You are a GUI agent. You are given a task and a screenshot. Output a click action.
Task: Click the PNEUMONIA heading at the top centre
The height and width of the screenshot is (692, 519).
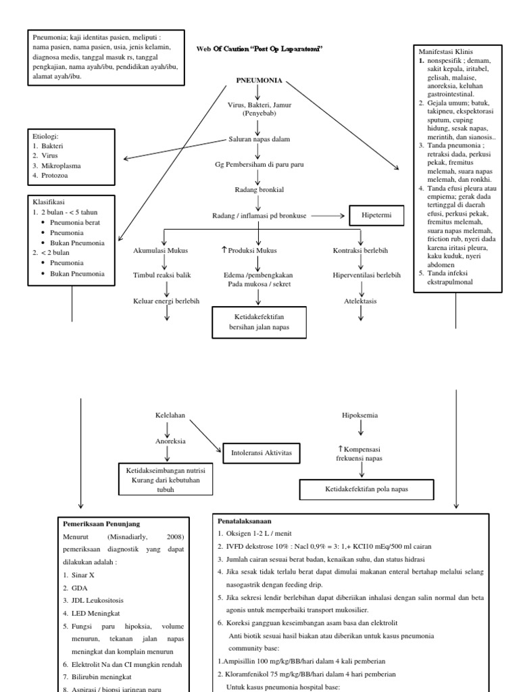(x=259, y=80)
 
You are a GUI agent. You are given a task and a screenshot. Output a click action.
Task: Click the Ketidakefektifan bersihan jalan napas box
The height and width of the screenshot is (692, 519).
(x=259, y=322)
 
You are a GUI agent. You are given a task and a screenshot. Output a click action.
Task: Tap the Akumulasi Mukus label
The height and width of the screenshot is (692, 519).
(x=161, y=251)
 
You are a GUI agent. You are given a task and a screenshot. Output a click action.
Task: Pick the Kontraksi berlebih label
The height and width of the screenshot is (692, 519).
(x=360, y=251)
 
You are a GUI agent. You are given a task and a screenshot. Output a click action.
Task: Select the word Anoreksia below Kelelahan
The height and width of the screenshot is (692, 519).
(x=167, y=441)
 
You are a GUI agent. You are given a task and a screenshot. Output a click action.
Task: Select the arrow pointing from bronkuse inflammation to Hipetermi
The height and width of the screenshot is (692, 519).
(x=328, y=216)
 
